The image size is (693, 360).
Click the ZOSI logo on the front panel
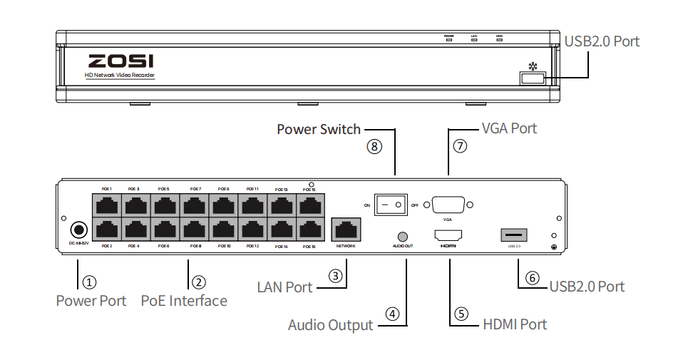(x=120, y=61)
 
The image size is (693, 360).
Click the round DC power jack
(x=78, y=230)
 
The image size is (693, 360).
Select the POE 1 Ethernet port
(x=106, y=206)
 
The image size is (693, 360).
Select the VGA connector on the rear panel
(x=448, y=205)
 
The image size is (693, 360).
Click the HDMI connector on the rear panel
(x=448, y=235)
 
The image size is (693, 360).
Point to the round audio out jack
(x=403, y=236)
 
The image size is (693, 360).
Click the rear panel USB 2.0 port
(x=515, y=235)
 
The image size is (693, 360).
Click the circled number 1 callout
(x=90, y=282)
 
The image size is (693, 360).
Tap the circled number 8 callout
(x=375, y=147)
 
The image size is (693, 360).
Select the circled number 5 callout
(x=461, y=313)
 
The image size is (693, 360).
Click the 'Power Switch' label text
(x=319, y=129)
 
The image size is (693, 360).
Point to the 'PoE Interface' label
(x=184, y=301)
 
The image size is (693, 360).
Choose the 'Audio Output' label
(x=330, y=325)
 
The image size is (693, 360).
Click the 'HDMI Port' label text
(x=515, y=324)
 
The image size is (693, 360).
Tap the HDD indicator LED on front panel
(x=499, y=40)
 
